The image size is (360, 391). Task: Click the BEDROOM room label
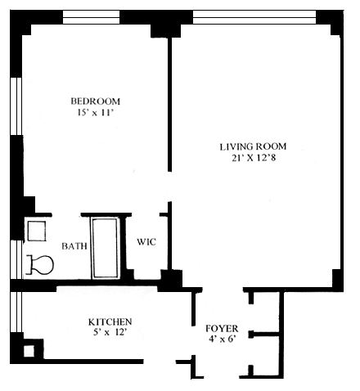(x=95, y=101)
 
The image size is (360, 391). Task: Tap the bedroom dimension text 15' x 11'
(x=95, y=112)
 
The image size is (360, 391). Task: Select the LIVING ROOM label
(x=253, y=146)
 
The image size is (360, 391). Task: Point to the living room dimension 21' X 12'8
(x=254, y=158)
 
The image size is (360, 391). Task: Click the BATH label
(x=74, y=246)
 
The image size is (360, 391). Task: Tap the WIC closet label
(x=146, y=242)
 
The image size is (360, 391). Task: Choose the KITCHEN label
(x=110, y=321)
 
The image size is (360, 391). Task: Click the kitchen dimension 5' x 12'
(x=110, y=332)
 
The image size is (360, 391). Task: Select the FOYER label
(x=222, y=329)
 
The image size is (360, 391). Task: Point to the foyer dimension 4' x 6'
(x=222, y=339)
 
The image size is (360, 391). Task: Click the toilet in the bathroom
(x=40, y=264)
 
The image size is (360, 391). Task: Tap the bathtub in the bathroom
(x=106, y=248)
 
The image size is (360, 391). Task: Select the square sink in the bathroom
(x=37, y=231)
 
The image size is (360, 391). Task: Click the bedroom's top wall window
(x=92, y=17)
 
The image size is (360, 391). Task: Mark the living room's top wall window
(x=254, y=17)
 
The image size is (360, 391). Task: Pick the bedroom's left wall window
(x=16, y=106)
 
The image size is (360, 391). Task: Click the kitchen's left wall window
(x=16, y=312)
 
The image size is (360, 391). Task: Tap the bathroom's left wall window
(x=17, y=259)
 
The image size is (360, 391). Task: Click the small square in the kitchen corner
(x=29, y=351)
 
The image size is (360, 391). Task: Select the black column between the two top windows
(x=165, y=30)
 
